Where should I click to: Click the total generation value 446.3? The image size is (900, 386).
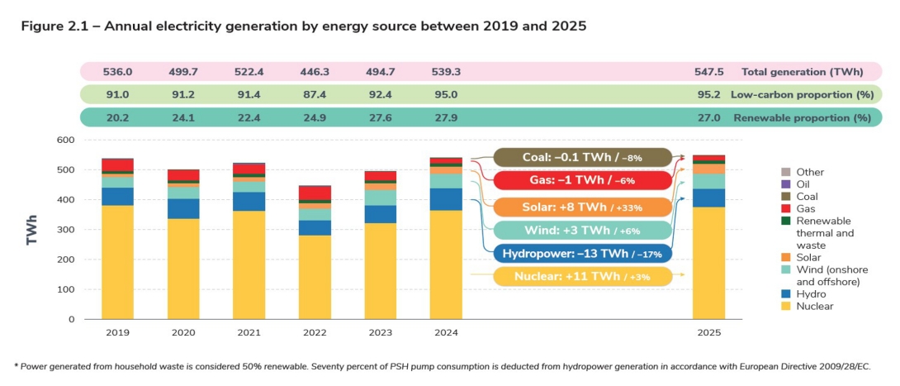click(315, 72)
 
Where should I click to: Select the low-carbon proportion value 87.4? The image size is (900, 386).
click(315, 95)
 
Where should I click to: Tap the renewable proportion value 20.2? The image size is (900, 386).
click(117, 118)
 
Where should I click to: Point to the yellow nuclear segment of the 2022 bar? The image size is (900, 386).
click(315, 277)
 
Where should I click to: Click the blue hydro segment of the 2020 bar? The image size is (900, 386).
click(182, 208)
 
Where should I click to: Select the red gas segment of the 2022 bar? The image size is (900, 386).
click(315, 193)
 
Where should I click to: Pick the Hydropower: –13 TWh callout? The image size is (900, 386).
click(582, 254)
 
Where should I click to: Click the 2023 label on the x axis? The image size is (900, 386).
click(380, 332)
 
